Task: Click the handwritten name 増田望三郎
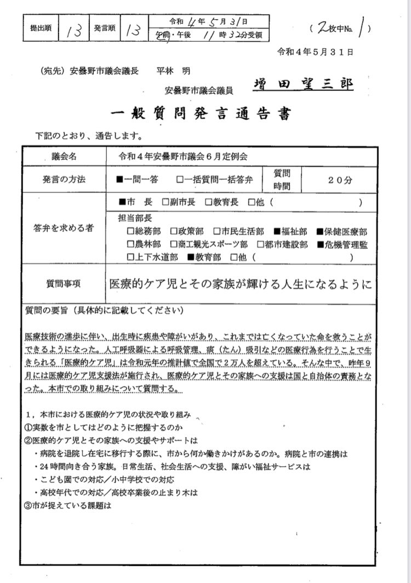point(304,84)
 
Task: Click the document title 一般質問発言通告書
point(200,115)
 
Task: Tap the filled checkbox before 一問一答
point(119,179)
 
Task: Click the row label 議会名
point(65,156)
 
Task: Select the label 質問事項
point(64,283)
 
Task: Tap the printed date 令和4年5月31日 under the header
point(316,52)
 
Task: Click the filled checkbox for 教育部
point(191,256)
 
